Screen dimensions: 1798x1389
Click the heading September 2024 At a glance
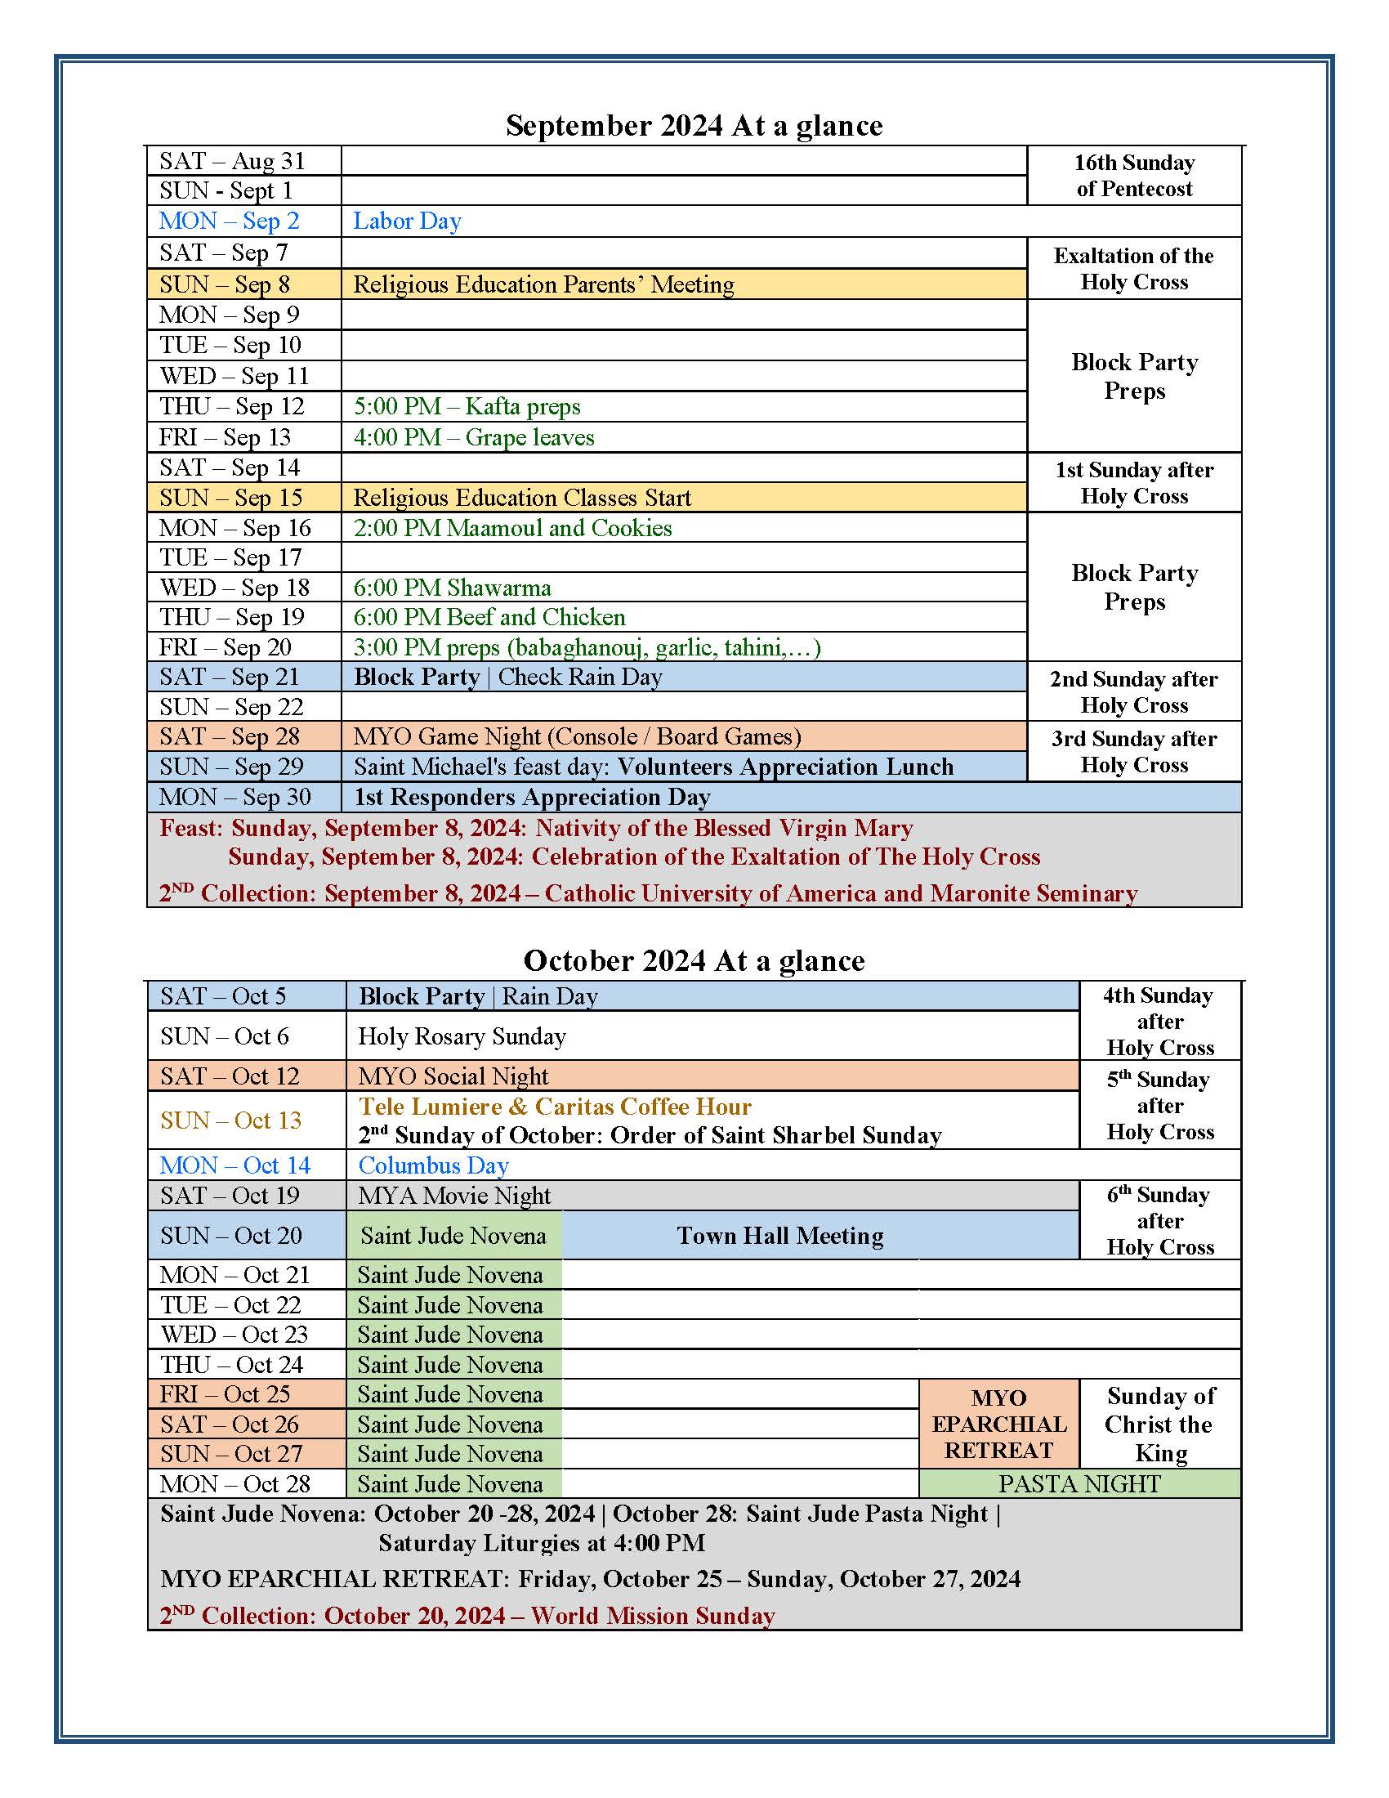(x=694, y=126)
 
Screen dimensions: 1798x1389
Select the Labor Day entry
(x=407, y=221)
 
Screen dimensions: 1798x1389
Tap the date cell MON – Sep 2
(x=229, y=221)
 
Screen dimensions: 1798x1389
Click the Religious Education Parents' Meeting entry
(x=543, y=284)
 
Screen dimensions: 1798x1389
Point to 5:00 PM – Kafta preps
(x=467, y=406)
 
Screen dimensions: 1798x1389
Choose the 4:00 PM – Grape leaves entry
(x=473, y=437)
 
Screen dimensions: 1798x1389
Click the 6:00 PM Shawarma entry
(x=452, y=587)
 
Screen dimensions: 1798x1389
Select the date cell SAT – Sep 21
(x=229, y=677)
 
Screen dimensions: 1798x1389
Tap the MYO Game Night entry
(x=577, y=736)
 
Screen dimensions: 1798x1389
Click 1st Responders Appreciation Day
(x=532, y=797)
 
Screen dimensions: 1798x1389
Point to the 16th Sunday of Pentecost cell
(x=1134, y=176)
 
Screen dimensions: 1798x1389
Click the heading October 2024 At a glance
(x=694, y=961)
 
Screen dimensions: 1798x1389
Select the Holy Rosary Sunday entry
(x=462, y=1035)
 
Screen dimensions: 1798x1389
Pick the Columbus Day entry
(x=434, y=1165)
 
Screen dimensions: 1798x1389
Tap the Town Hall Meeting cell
(x=779, y=1235)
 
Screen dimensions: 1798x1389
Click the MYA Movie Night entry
(x=454, y=1196)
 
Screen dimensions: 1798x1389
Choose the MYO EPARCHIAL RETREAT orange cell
(x=998, y=1425)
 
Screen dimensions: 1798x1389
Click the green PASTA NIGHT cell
(x=1079, y=1483)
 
